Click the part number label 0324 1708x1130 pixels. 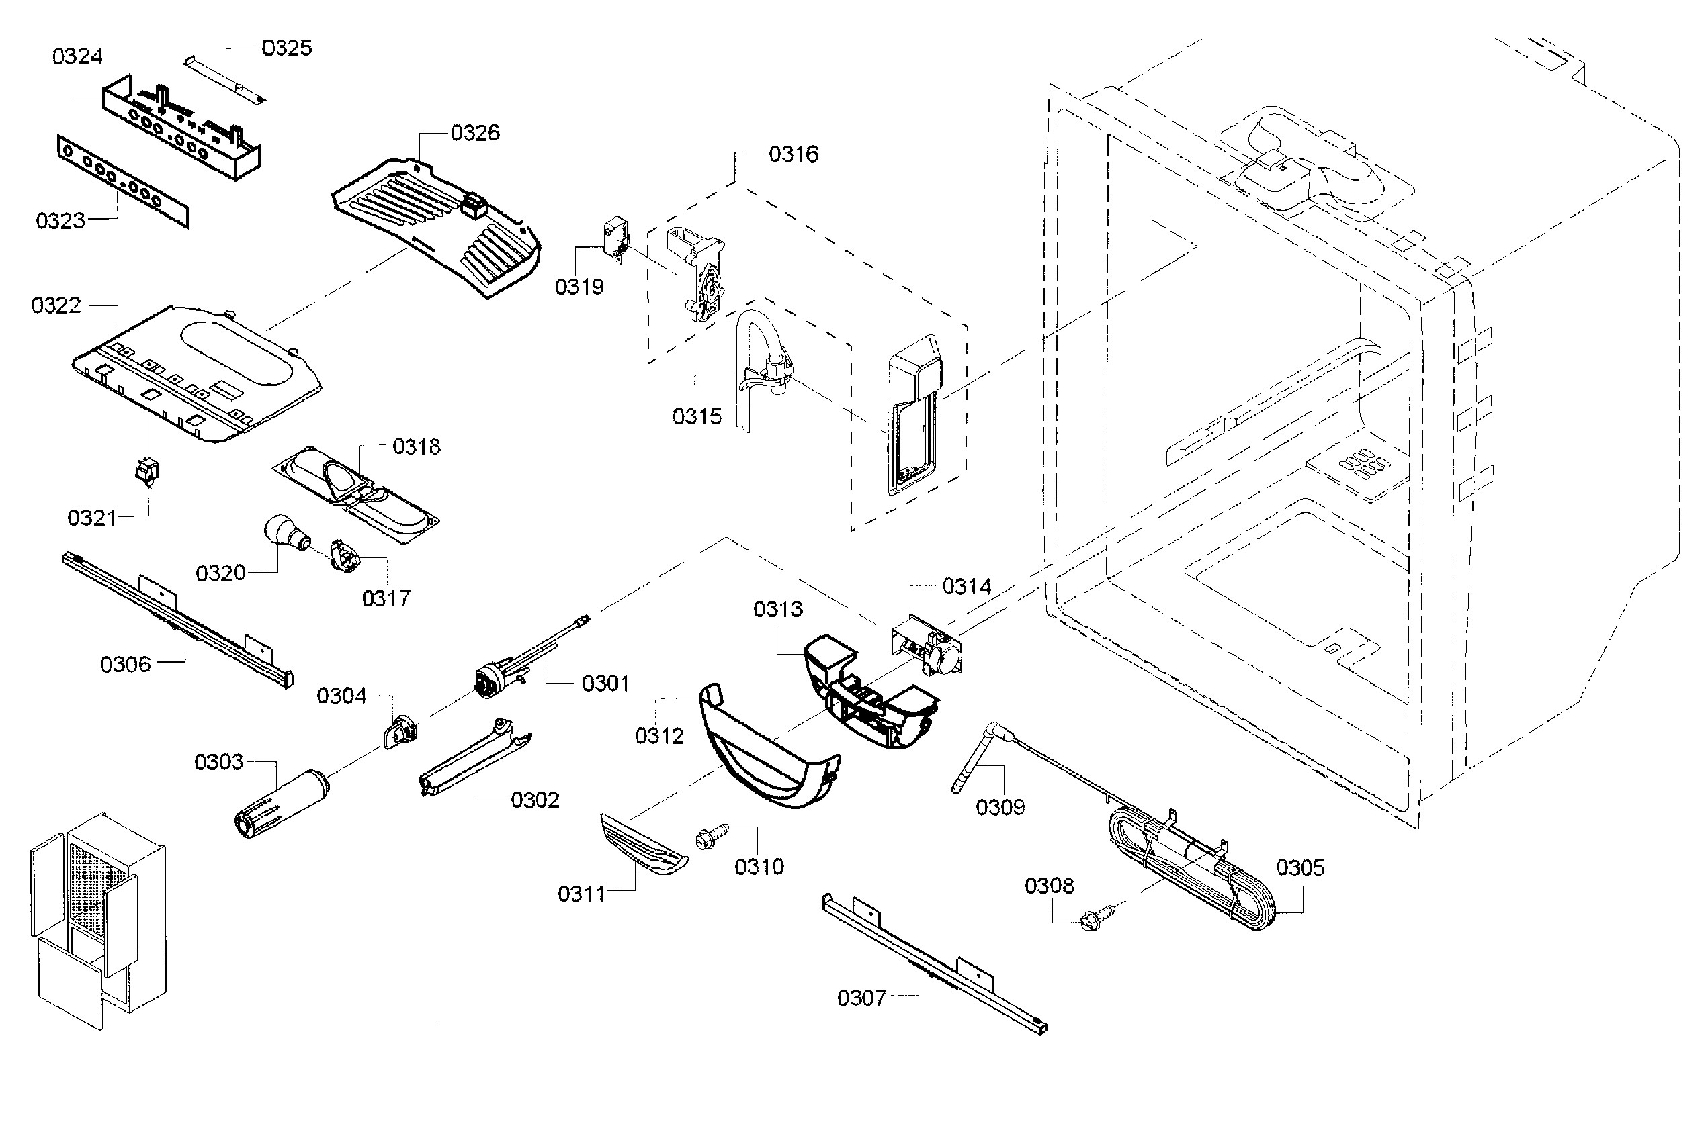77,56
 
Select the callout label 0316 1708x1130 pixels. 793,154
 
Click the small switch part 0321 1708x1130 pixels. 148,471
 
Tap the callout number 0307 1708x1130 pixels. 861,998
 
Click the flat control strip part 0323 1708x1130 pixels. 122,181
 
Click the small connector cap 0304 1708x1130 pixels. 401,733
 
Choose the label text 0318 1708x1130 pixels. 416,446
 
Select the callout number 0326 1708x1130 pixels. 474,132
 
